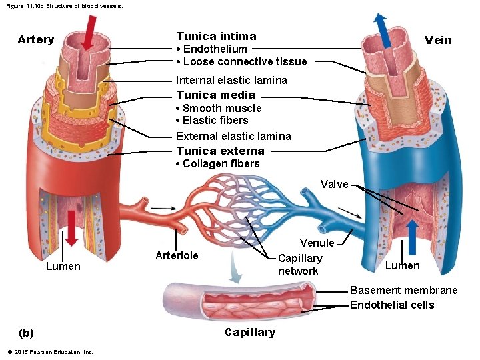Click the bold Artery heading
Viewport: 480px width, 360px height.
tap(36, 40)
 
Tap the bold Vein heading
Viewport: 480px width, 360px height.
tap(438, 40)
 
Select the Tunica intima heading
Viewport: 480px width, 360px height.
tap(217, 36)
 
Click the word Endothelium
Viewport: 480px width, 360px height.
tap(215, 49)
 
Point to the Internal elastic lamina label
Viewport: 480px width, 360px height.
tap(231, 80)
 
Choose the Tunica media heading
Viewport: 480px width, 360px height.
tap(216, 95)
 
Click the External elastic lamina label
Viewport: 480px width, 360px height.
tap(233, 136)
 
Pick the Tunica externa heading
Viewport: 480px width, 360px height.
tap(221, 151)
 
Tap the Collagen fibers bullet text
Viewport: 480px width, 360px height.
tap(221, 163)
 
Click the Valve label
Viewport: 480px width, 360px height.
tap(334, 184)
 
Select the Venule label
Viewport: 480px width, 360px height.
tap(317, 243)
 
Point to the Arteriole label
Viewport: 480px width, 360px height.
tap(177, 255)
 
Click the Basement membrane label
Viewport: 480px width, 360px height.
tap(403, 290)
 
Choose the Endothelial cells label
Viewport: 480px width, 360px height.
tap(392, 305)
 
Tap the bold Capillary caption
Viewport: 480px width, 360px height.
tap(250, 333)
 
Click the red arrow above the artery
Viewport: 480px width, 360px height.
tap(89, 33)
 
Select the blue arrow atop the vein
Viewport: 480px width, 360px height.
tap(383, 30)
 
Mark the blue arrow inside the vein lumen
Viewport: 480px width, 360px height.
tap(413, 238)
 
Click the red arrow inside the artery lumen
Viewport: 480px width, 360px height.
tap(71, 229)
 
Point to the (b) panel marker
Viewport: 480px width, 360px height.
tap(26, 333)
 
